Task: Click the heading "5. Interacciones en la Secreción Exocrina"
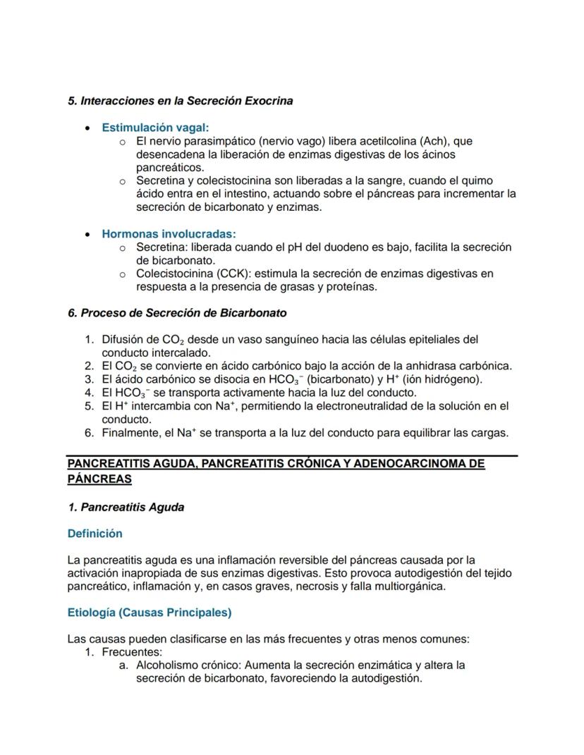point(180,101)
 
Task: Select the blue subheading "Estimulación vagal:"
point(155,128)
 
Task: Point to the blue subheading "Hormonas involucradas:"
point(169,233)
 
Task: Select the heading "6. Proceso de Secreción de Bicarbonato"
point(176,312)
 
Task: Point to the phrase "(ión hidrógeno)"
point(444,379)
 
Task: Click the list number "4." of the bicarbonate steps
point(89,393)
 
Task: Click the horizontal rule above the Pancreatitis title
point(292,455)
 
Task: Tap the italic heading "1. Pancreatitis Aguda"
point(126,508)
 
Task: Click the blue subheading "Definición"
point(95,534)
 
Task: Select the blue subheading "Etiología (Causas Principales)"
point(150,613)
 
